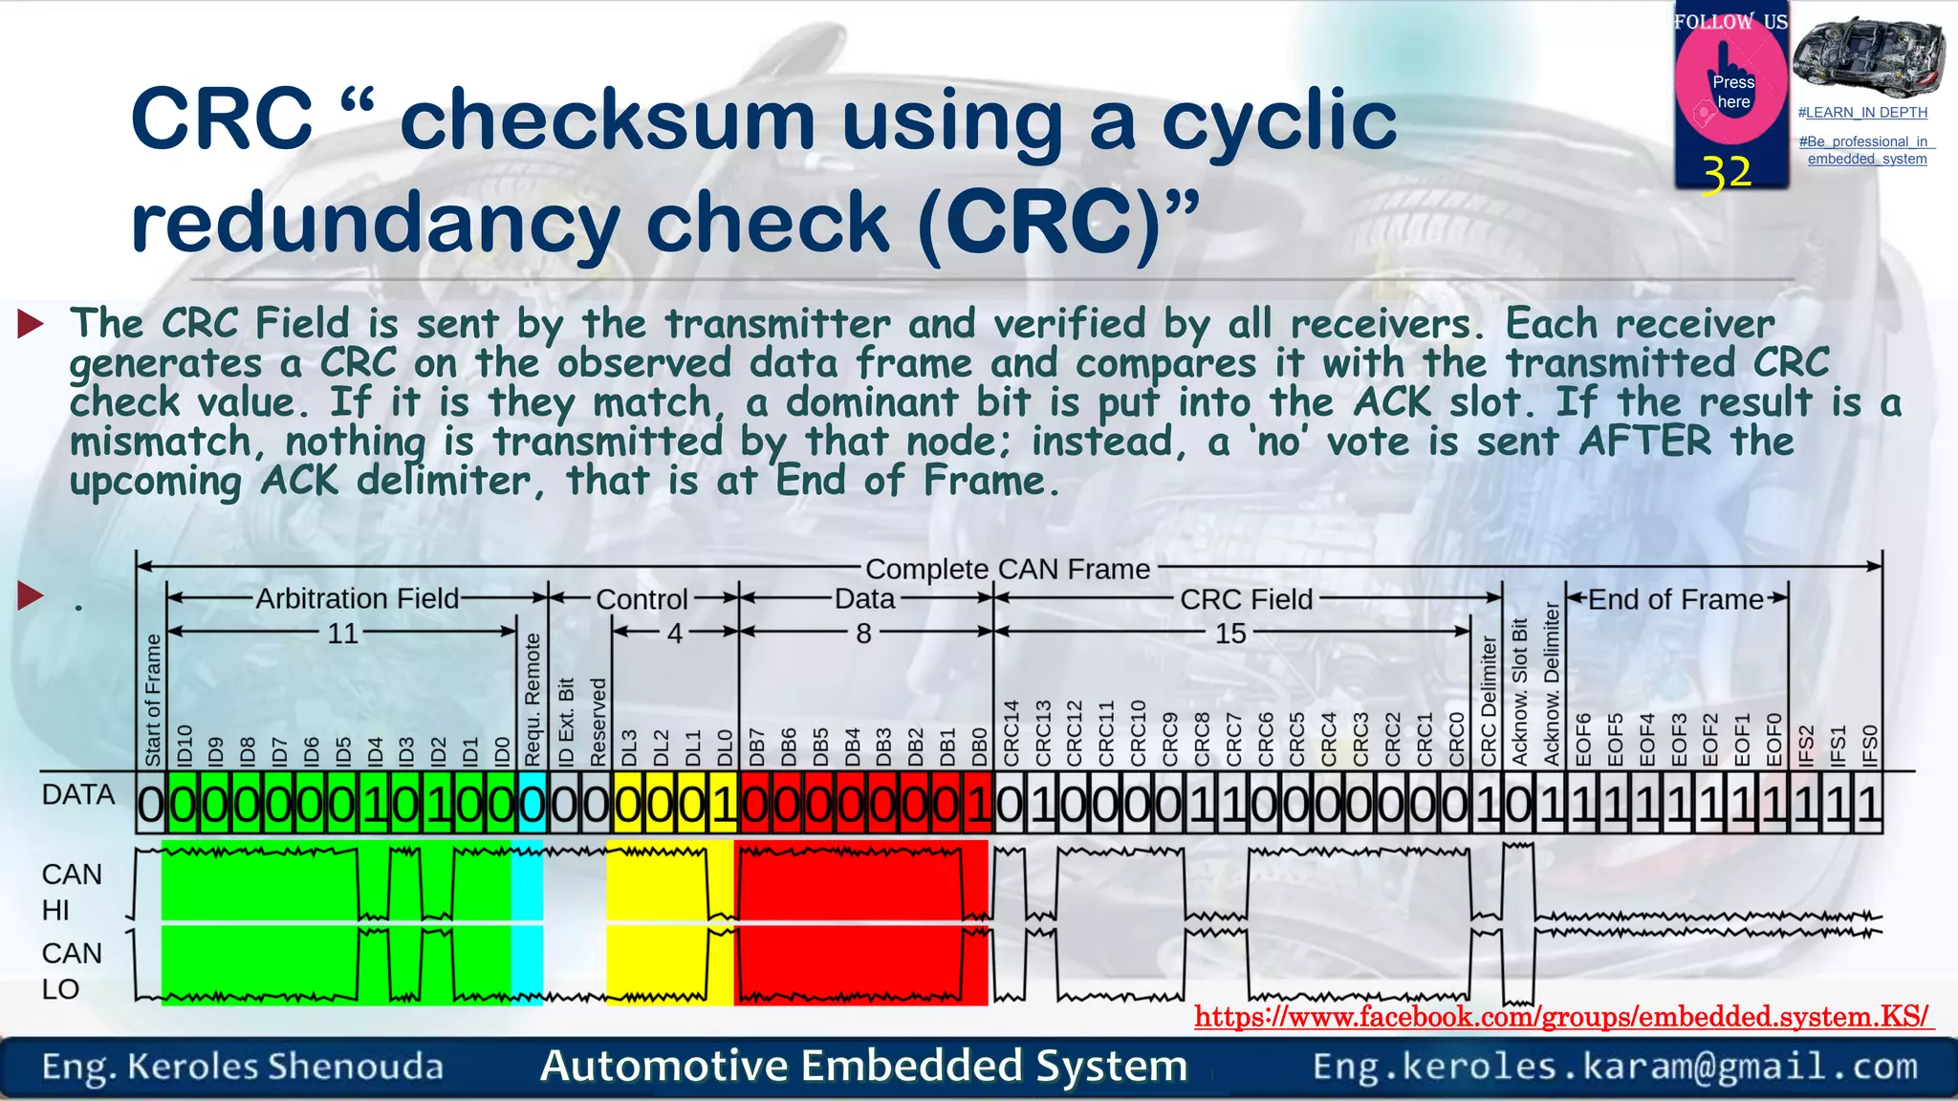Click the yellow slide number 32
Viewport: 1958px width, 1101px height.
click(x=1727, y=174)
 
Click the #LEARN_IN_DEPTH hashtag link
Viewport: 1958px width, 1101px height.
click(x=1862, y=113)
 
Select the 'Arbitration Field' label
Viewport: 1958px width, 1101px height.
click(x=358, y=599)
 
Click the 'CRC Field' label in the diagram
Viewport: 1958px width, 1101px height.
click(x=1246, y=599)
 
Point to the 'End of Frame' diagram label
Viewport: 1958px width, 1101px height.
click(x=1675, y=599)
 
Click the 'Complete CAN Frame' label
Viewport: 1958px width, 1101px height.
click(x=1008, y=570)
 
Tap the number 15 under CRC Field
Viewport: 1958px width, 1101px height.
click(x=1230, y=634)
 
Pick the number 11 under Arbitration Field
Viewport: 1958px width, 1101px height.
click(x=342, y=634)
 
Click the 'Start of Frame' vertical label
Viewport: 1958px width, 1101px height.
click(x=152, y=701)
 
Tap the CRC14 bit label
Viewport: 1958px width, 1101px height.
click(x=1012, y=733)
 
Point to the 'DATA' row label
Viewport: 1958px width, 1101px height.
click(x=77, y=795)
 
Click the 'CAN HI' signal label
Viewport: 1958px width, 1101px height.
click(x=71, y=892)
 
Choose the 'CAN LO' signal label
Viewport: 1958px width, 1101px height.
click(x=71, y=971)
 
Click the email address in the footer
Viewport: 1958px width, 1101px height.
click(x=1615, y=1067)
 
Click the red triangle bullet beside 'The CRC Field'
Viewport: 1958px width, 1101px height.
click(x=31, y=324)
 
